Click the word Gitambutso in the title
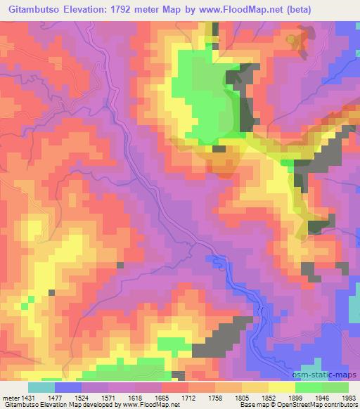pyautogui.click(x=34, y=9)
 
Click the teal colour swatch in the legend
pyautogui.click(x=41, y=387)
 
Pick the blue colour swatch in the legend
pyautogui.click(x=68, y=387)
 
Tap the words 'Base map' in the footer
pyautogui.click(x=249, y=405)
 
